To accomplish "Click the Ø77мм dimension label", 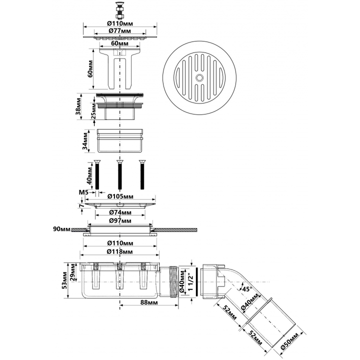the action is pyautogui.click(x=120, y=31).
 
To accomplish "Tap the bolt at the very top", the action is pyautogui.click(x=119, y=10).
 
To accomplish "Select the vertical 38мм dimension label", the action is pyautogui.click(x=78, y=106).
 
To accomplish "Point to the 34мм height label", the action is pyautogui.click(x=85, y=140).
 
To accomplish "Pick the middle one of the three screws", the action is pyautogui.click(x=119, y=174).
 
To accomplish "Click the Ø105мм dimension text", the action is pyautogui.click(x=120, y=196).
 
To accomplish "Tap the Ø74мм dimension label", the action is pyautogui.click(x=120, y=212).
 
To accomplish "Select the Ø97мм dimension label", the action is pyautogui.click(x=120, y=220).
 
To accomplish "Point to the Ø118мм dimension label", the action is pyautogui.click(x=119, y=251).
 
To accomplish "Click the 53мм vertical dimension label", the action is pyautogui.click(x=64, y=280).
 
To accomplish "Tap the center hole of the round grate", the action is pyautogui.click(x=199, y=78).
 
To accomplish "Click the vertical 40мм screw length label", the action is pyautogui.click(x=90, y=175).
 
